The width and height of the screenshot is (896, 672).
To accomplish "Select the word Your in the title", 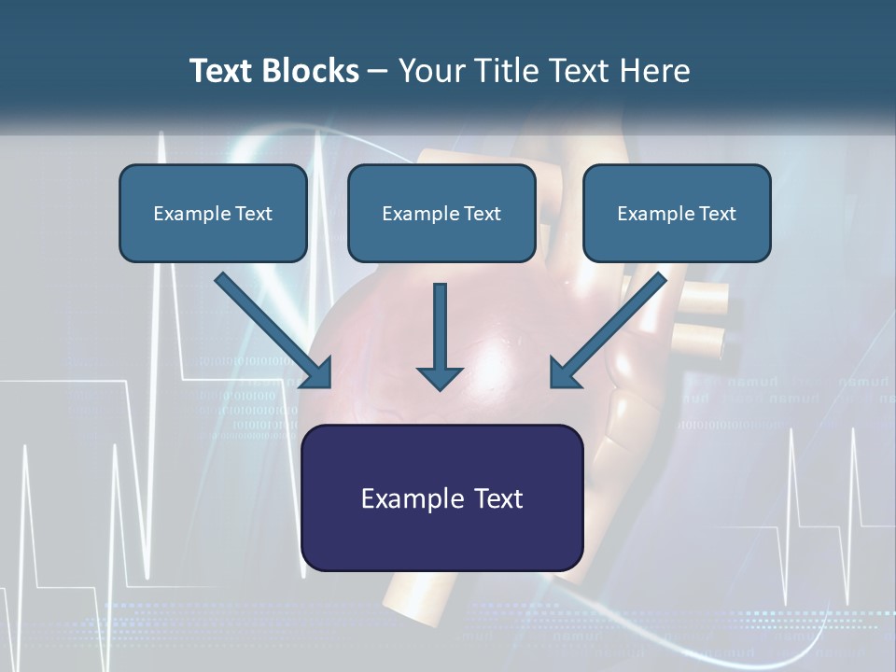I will pyautogui.click(x=428, y=71).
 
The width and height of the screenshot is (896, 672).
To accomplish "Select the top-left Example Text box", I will pyautogui.click(x=213, y=213).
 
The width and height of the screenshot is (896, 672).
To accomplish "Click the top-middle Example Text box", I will pyautogui.click(x=441, y=213).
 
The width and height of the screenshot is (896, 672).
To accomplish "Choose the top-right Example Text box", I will pyautogui.click(x=677, y=213).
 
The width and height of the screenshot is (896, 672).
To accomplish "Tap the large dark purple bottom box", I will pyautogui.click(x=441, y=497).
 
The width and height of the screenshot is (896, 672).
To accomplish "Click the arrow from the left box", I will pyautogui.click(x=271, y=329).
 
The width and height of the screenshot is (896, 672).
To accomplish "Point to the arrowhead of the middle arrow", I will pyautogui.click(x=440, y=377).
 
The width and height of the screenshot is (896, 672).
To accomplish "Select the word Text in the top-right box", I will pyautogui.click(x=716, y=214).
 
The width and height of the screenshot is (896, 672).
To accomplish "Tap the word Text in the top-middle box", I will pyautogui.click(x=482, y=214).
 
